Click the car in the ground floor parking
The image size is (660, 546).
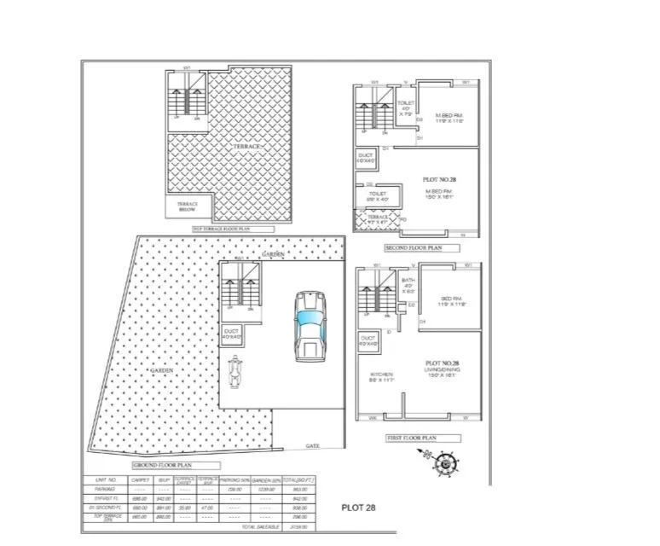coord(309,325)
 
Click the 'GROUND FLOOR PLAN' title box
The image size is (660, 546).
coord(176,466)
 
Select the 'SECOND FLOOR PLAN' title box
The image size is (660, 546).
coord(422,248)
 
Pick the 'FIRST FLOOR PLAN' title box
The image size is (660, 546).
coord(424,438)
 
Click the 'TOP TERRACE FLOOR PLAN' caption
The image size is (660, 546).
coord(233,229)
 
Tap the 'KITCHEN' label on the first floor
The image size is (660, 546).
coord(379,375)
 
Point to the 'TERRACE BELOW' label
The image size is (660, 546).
coord(188,206)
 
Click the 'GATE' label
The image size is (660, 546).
coord(313,445)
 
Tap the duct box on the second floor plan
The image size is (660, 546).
coord(367,159)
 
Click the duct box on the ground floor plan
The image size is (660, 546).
coord(232,335)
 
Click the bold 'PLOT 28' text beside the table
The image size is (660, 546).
coord(357,507)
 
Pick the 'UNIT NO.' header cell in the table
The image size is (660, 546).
coord(107,480)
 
